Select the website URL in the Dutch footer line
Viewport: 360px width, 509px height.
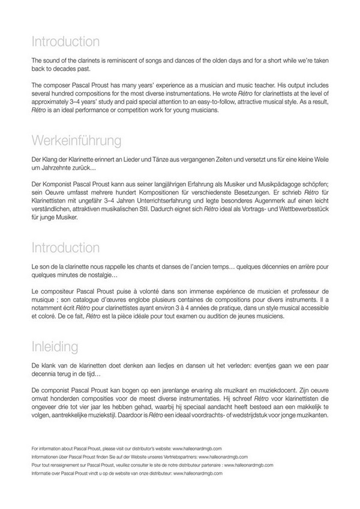coord(199,473)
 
